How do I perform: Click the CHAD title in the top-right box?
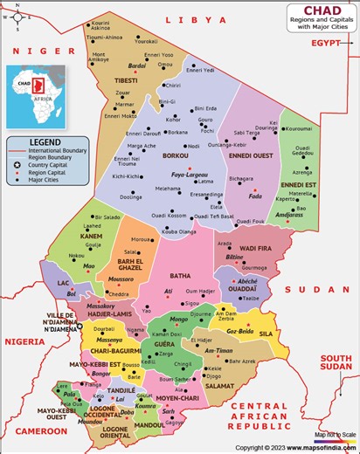[x=322, y=9]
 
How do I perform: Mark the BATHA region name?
[x=179, y=276]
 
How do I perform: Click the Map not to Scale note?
[x=336, y=434]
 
